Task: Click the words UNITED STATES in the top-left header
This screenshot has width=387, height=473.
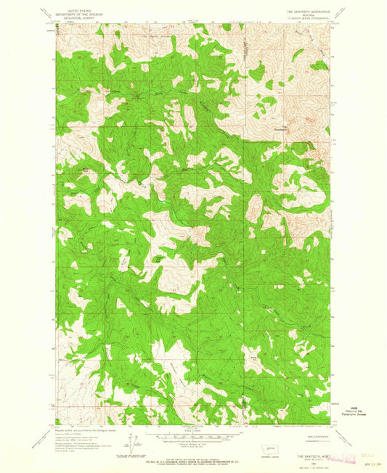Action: click(76, 4)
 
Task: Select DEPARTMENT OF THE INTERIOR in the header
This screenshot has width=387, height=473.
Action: click(76, 8)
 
